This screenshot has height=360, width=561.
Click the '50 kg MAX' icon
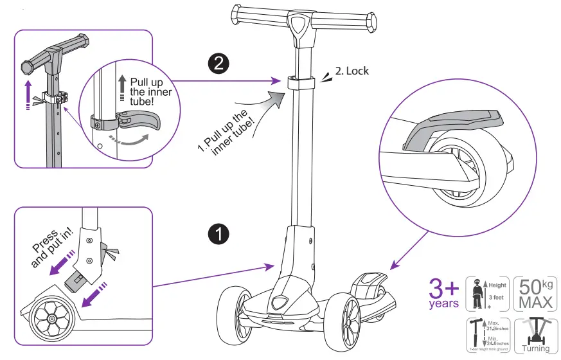(535, 294)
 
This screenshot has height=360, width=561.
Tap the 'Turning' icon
(535, 335)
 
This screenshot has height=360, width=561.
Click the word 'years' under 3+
(444, 303)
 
